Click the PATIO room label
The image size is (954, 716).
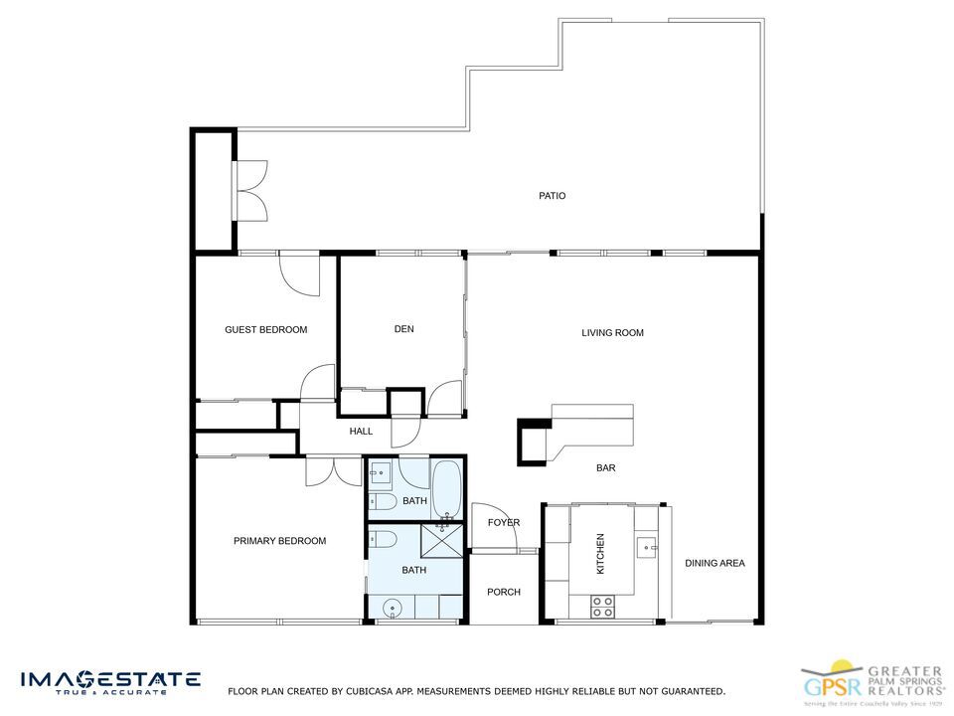click(x=553, y=196)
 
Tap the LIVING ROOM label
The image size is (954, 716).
click(x=612, y=333)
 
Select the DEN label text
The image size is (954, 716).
click(x=403, y=329)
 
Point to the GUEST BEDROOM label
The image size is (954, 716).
click(x=265, y=330)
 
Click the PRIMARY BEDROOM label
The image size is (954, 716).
click(x=279, y=541)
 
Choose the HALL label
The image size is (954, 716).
click(x=361, y=432)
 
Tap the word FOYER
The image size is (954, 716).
click(x=504, y=523)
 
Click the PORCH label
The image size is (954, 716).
click(x=504, y=593)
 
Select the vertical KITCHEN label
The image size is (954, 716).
click(x=600, y=553)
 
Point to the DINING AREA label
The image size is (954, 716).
click(x=715, y=563)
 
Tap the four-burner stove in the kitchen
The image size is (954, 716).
click(x=602, y=607)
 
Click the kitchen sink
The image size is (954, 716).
click(x=648, y=546)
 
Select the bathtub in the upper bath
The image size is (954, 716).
click(x=446, y=489)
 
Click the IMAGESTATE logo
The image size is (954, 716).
click(x=110, y=682)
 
